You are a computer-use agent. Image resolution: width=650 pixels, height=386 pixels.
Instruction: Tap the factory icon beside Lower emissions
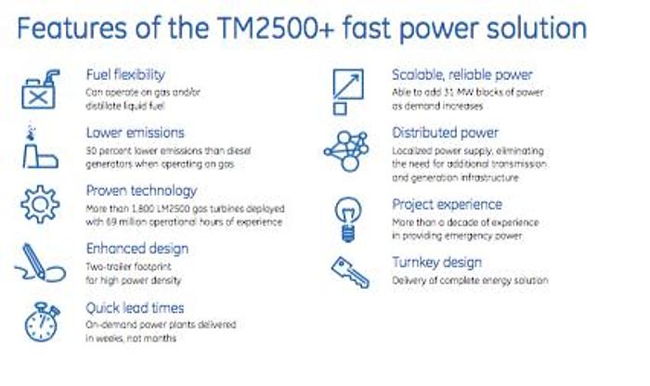point(39,148)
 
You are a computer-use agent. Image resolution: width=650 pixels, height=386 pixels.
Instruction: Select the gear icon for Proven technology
point(39,205)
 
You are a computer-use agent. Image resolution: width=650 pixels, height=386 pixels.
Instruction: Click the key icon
point(349,271)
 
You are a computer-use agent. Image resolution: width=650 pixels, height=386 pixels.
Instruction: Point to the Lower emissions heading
point(135,133)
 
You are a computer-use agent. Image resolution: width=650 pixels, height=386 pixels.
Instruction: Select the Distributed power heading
point(445,133)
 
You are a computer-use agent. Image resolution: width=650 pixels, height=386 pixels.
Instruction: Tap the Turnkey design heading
point(435,263)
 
